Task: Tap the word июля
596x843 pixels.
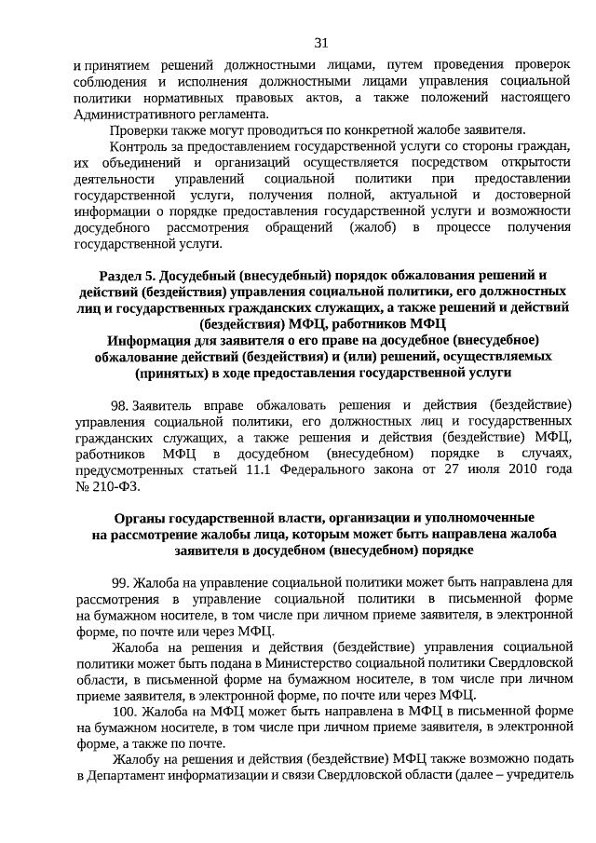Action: point(473,469)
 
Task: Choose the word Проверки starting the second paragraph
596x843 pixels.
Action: point(140,129)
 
